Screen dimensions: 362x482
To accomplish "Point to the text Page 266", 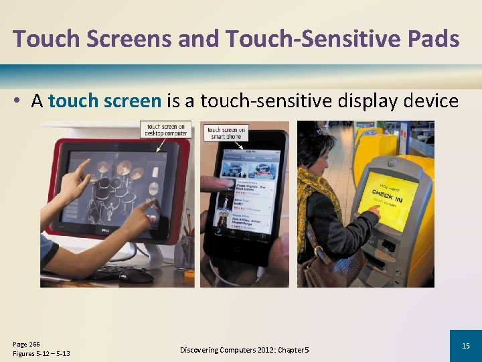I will pyautogui.click(x=27, y=344).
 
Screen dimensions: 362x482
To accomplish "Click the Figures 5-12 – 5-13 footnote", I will pyautogui.click(x=42, y=353).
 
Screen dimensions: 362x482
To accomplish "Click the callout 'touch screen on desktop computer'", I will pyautogui.click(x=165, y=129).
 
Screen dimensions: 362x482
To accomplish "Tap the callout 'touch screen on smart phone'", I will pyautogui.click(x=227, y=133).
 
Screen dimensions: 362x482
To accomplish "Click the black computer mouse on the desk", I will pyautogui.click(x=136, y=275).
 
